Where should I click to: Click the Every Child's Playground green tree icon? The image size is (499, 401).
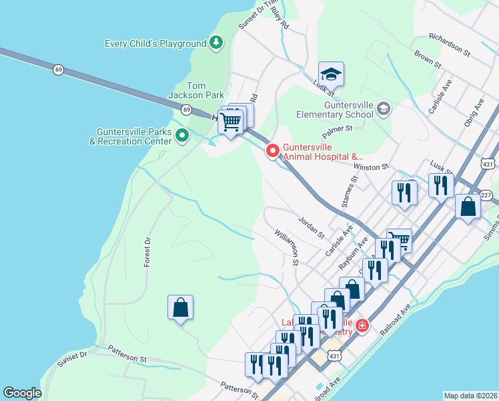pos(215,43)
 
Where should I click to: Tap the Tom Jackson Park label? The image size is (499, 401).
pos(205,90)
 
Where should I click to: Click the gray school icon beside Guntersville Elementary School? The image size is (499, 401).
pos(383,108)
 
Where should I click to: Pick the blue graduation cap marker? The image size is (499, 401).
pos(331,74)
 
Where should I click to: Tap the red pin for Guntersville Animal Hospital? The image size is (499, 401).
pos(272,151)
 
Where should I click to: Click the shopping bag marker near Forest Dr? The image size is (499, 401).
pos(180,308)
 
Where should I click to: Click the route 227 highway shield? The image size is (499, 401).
pos(486,194)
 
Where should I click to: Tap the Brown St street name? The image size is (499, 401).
pos(427,59)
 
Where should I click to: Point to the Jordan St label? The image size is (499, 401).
pos(311,227)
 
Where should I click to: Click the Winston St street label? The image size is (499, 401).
pos(370,166)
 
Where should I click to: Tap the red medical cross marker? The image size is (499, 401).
pos(362,325)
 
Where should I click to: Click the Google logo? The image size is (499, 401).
pos(22,393)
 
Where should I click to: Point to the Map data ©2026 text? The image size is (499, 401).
pos(470,396)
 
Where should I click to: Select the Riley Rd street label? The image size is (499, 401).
pos(281,23)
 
